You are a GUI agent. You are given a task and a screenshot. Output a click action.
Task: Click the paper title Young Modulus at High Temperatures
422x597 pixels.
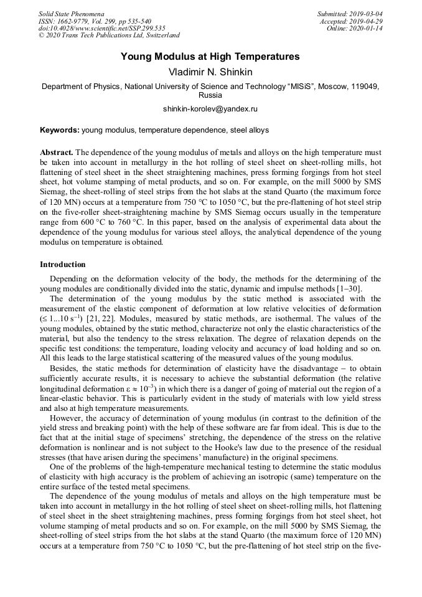[x=210, y=57]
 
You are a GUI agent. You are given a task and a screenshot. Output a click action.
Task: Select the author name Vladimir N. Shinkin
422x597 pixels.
[x=210, y=72]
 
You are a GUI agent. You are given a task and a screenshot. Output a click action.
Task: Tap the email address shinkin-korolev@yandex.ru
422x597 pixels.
[x=210, y=109]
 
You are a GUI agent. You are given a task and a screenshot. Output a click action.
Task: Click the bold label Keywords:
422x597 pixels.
[x=60, y=131]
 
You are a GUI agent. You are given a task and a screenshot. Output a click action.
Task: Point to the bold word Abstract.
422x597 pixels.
[x=57, y=153]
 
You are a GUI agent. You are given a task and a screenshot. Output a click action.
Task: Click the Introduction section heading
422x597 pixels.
[x=63, y=265]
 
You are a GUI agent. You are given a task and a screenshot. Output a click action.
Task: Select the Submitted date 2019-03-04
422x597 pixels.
[x=364, y=14]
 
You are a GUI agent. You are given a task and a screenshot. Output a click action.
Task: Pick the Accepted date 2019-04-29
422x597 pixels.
[x=365, y=21]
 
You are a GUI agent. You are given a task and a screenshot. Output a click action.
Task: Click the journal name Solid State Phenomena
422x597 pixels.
[x=71, y=14]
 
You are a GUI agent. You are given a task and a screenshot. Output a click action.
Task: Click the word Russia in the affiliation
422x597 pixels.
[x=210, y=96]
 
